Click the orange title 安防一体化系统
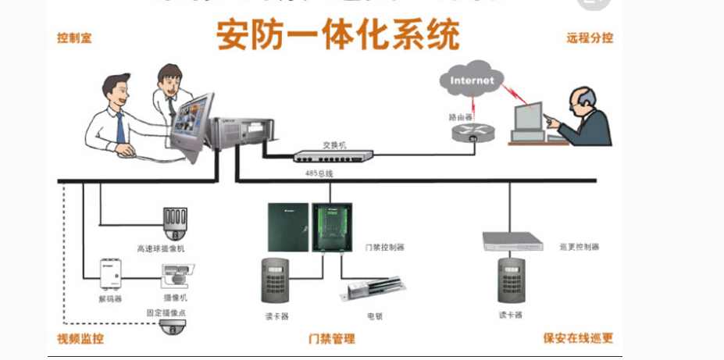337,34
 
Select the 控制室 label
74,37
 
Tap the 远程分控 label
590,37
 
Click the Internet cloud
471,80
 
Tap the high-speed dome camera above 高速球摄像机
175,223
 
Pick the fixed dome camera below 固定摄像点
174,327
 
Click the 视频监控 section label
80,339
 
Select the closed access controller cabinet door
288,227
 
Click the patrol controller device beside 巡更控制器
512,241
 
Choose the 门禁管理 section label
332,339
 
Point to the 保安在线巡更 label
578,339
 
